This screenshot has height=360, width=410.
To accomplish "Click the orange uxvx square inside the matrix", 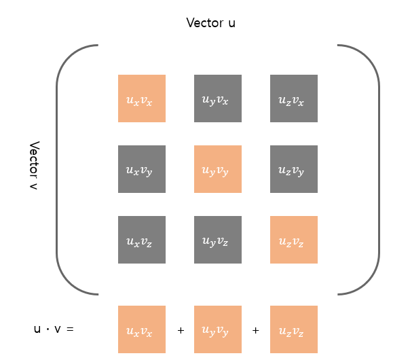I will pyautogui.click(x=142, y=98).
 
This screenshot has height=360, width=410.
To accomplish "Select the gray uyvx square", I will pyautogui.click(x=218, y=98).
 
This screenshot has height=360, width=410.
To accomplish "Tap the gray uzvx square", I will pyautogui.click(x=294, y=98).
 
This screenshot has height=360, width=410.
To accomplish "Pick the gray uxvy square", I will pyautogui.click(x=142, y=169).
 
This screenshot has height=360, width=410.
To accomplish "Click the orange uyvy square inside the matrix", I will pyautogui.click(x=218, y=169).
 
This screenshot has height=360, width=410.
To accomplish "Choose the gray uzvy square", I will pyautogui.click(x=294, y=169).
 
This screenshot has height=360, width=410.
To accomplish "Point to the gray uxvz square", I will pyautogui.click(x=142, y=240).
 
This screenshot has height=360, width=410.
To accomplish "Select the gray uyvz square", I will pyautogui.click(x=218, y=240).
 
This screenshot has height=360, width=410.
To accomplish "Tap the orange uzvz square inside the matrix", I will pyautogui.click(x=294, y=240).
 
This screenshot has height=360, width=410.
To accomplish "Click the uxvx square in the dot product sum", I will pyautogui.click(x=142, y=329).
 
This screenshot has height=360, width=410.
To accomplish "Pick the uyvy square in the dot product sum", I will pyautogui.click(x=218, y=329).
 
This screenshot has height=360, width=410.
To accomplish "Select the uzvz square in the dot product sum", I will pyautogui.click(x=294, y=329).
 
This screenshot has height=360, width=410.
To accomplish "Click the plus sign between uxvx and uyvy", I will pyautogui.click(x=181, y=330).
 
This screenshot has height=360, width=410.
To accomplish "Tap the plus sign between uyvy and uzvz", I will pyautogui.click(x=256, y=330).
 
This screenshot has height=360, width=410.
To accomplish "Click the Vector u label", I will pyautogui.click(x=211, y=23).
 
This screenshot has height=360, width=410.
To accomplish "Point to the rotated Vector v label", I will pyautogui.click(x=35, y=166).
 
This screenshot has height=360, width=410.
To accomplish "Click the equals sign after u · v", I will pyautogui.click(x=69, y=329).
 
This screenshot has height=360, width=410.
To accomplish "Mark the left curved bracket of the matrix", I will pyautogui.click(x=58, y=170).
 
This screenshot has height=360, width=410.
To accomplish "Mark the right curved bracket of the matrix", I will pyautogui.click(x=377, y=170).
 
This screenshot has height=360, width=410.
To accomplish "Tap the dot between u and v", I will pyautogui.click(x=48, y=329).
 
